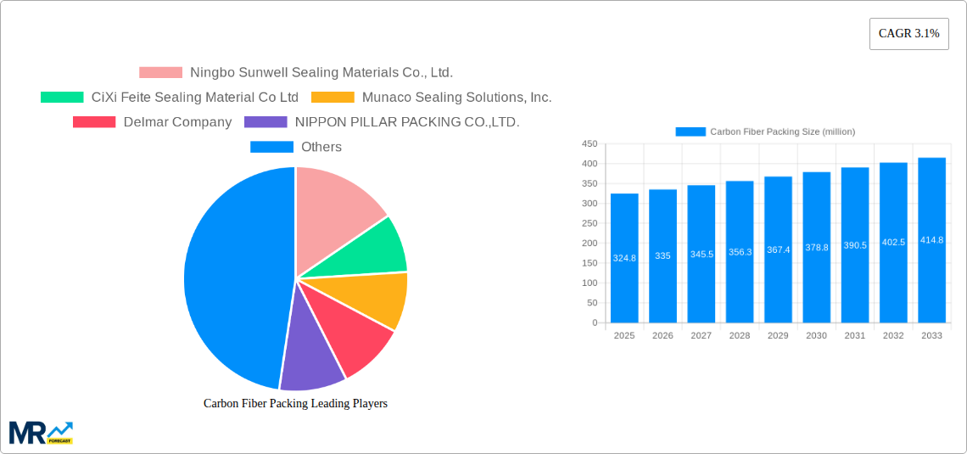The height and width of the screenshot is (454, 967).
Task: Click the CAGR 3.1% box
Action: pos(908,34)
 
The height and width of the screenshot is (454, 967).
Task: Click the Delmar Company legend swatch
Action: pos(94,122)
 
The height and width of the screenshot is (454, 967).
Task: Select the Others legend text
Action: pos(321,147)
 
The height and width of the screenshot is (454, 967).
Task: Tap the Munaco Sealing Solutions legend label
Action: pos(456,98)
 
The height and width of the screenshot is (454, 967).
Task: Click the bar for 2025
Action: pos(624,258)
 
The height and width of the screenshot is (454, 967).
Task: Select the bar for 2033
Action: pos(931,240)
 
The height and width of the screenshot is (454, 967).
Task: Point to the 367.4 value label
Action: pos(778,250)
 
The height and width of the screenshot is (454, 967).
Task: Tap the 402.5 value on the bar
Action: pos(893,242)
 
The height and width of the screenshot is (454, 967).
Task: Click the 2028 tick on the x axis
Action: pos(740,336)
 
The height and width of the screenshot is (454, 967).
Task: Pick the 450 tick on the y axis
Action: pos(590,144)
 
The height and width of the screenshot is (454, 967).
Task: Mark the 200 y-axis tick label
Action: pos(590,244)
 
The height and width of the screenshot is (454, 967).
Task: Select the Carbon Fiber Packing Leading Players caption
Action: pos(295,404)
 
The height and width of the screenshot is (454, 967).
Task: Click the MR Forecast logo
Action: pos(41,432)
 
